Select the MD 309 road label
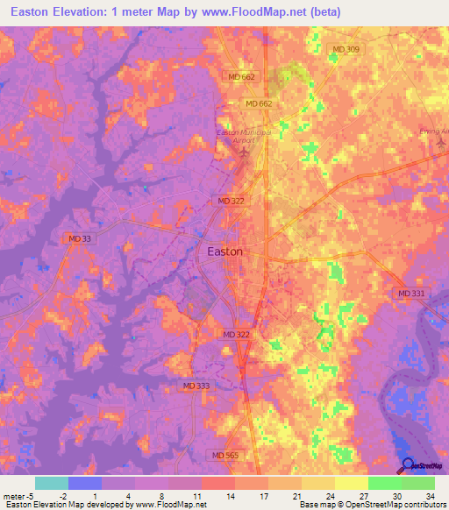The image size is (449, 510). point(346,49)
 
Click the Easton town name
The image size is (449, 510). point(224,251)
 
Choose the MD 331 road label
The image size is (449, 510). point(410,294)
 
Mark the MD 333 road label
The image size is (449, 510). point(196,386)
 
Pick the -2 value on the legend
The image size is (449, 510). point(76,494)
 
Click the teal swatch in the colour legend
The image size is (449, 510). point(51,483)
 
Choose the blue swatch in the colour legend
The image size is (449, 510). point(84,483)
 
